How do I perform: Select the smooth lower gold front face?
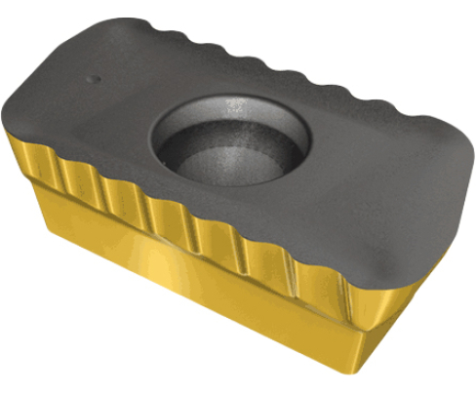[195, 293]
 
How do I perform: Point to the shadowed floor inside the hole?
[219, 156]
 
